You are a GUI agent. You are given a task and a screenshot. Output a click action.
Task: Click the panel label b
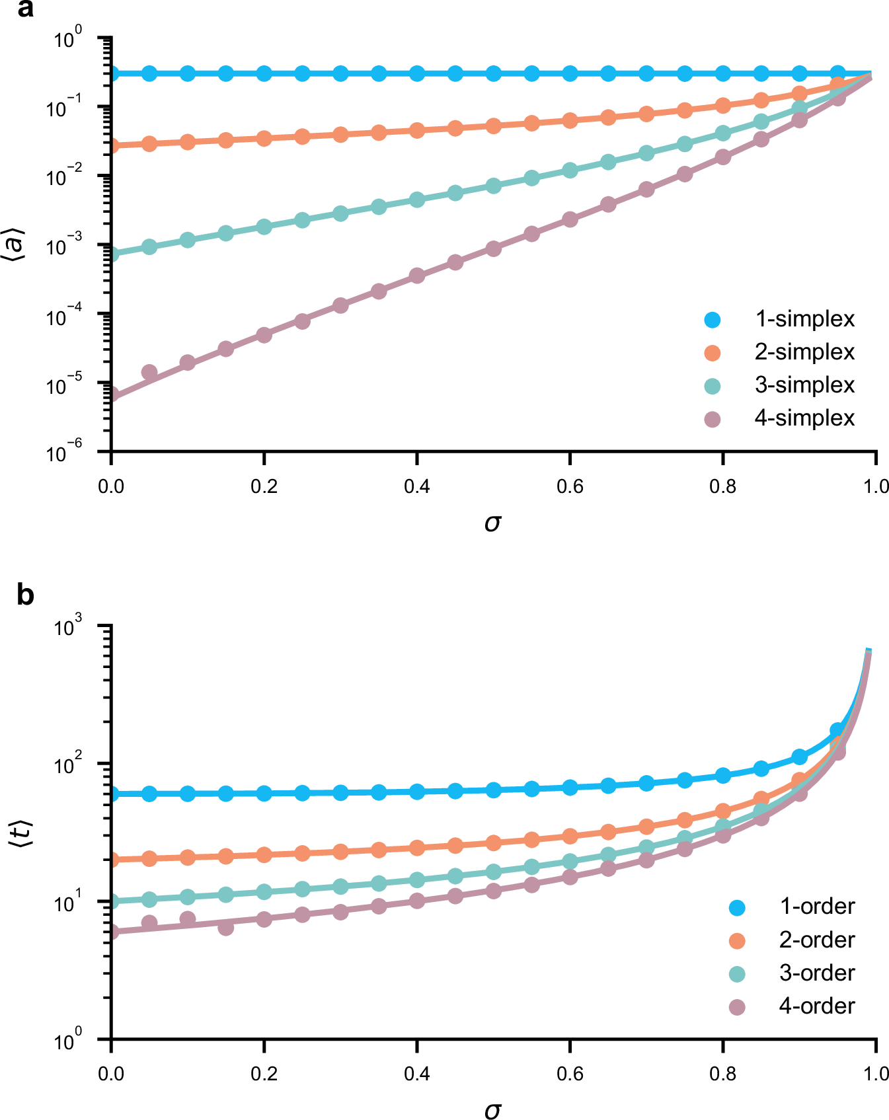(25, 595)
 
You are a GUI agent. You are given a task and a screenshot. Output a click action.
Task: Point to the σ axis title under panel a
(493, 523)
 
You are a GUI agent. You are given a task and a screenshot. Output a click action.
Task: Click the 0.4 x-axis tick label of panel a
(416, 487)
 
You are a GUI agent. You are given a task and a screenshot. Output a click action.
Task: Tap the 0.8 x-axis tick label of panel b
(722, 1074)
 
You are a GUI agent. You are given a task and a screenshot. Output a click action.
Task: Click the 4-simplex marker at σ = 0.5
(493, 248)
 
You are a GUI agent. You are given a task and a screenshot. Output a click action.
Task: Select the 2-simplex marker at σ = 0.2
(264, 138)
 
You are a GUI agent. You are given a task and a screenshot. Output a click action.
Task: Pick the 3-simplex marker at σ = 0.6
(570, 170)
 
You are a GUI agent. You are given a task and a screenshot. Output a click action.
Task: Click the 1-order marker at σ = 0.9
(799, 757)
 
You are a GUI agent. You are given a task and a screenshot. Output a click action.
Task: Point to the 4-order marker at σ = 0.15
(225, 928)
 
